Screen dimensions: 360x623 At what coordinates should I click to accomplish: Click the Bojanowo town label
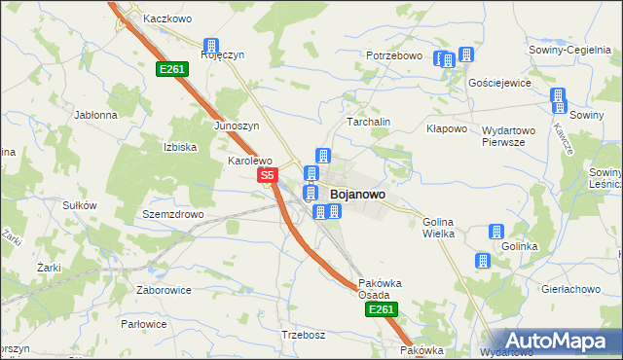click(x=357, y=195)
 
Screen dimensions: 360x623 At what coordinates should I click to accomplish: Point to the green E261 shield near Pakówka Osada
click(x=381, y=309)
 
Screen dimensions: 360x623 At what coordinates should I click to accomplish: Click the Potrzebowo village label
click(x=394, y=56)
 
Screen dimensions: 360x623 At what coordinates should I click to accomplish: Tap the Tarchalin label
click(x=369, y=122)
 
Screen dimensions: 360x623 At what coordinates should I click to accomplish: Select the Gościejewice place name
click(x=499, y=83)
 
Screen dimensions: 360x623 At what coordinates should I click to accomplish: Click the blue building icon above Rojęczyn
click(x=210, y=45)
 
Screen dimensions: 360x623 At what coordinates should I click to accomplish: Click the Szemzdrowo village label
click(x=172, y=214)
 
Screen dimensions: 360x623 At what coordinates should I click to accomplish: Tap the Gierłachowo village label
click(x=569, y=289)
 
